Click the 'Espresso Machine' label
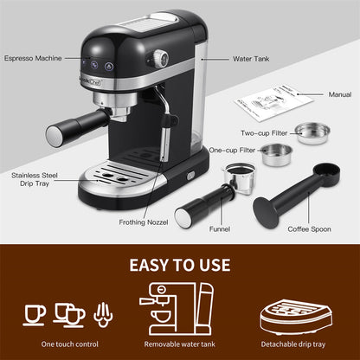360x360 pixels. point(32,58)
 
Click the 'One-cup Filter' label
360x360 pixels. point(232,150)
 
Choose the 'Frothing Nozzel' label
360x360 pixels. point(144,222)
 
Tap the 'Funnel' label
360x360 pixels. point(219,230)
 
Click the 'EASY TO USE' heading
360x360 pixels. point(180,264)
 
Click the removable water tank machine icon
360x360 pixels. point(178,306)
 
